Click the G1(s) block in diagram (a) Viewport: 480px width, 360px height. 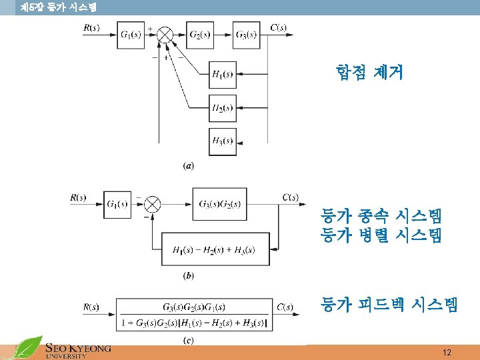131,35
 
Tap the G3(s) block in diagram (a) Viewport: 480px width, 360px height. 245,35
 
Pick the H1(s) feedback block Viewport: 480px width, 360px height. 223,74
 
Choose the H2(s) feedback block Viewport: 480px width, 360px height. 223,107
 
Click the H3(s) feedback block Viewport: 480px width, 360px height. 223,141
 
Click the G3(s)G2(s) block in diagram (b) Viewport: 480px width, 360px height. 219,203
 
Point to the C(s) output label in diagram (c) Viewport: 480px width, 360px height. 285,307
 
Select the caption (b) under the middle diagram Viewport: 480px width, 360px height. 189,275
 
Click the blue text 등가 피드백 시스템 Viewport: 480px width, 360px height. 389,305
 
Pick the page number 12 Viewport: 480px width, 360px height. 446,352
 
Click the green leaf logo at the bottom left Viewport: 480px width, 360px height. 28,348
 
